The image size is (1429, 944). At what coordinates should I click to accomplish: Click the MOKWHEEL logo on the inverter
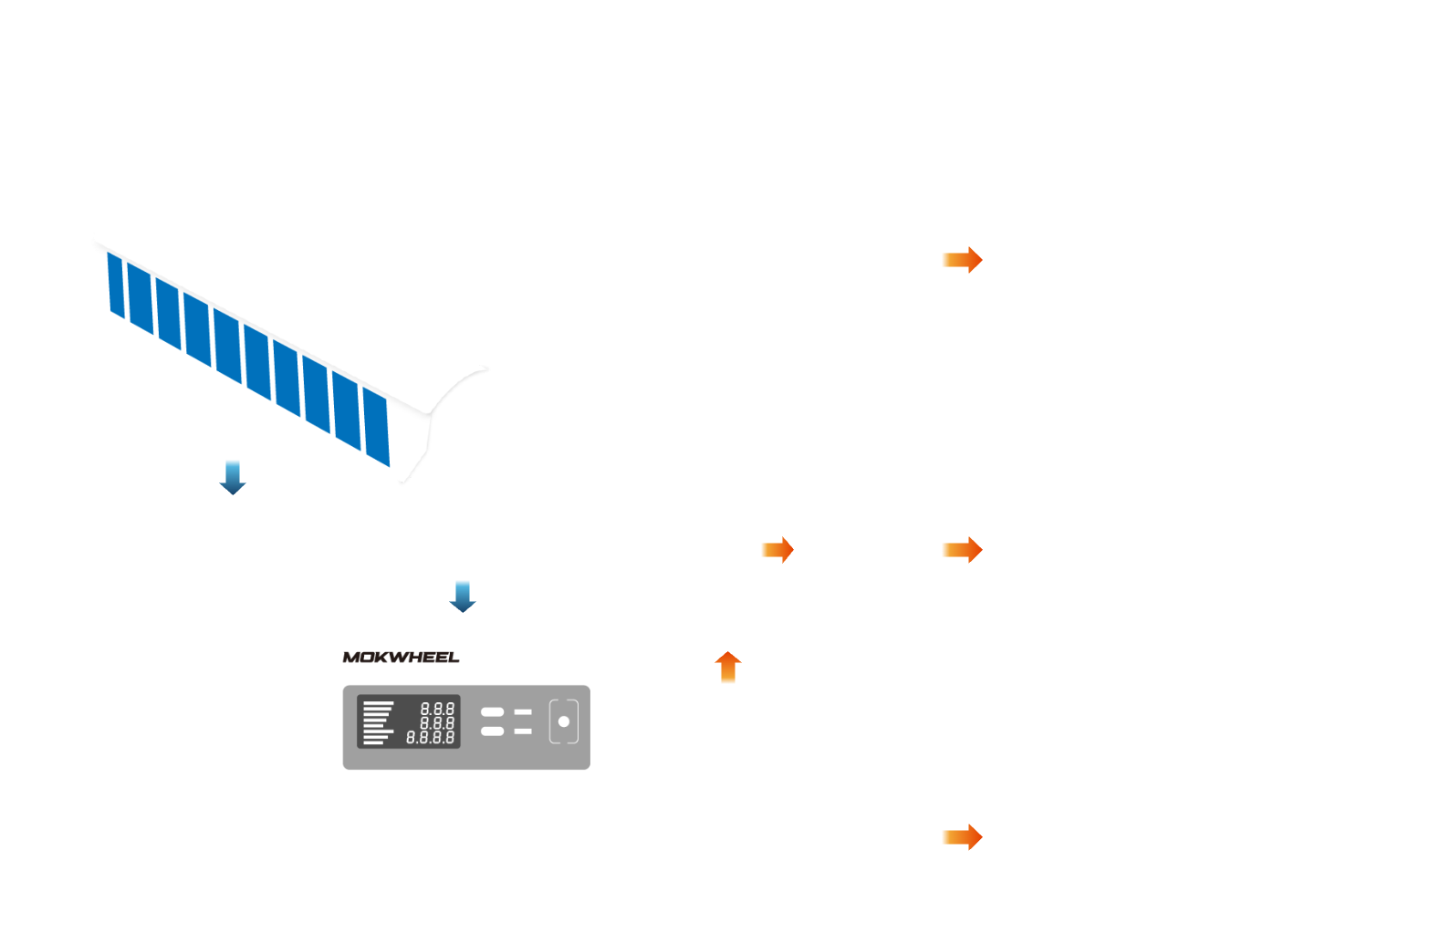tap(401, 657)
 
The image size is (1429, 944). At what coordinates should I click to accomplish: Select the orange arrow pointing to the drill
tap(962, 260)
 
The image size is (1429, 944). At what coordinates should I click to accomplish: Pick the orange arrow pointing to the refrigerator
tap(962, 549)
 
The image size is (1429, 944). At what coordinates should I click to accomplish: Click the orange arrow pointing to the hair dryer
tap(962, 836)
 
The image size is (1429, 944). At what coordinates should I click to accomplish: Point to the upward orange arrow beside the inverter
tap(727, 668)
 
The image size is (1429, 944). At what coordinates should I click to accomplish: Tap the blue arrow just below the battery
tap(233, 477)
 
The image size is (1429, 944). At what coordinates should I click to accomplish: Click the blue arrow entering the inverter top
tap(463, 596)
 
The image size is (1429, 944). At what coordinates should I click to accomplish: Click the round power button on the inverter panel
tap(564, 721)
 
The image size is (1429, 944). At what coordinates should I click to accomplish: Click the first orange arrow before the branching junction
tap(777, 550)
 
